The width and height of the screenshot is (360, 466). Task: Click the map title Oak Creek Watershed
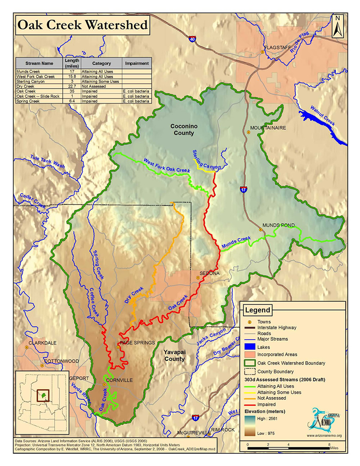[x=82, y=25]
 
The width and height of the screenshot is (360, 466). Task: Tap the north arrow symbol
[x=337, y=27]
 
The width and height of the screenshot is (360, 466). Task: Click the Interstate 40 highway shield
[x=193, y=40]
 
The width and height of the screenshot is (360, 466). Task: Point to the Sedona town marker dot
[x=198, y=278]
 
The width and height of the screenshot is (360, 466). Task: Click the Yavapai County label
[x=174, y=355]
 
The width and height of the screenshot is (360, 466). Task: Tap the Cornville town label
[x=120, y=380]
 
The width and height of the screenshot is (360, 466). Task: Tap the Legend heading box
[x=258, y=310]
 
